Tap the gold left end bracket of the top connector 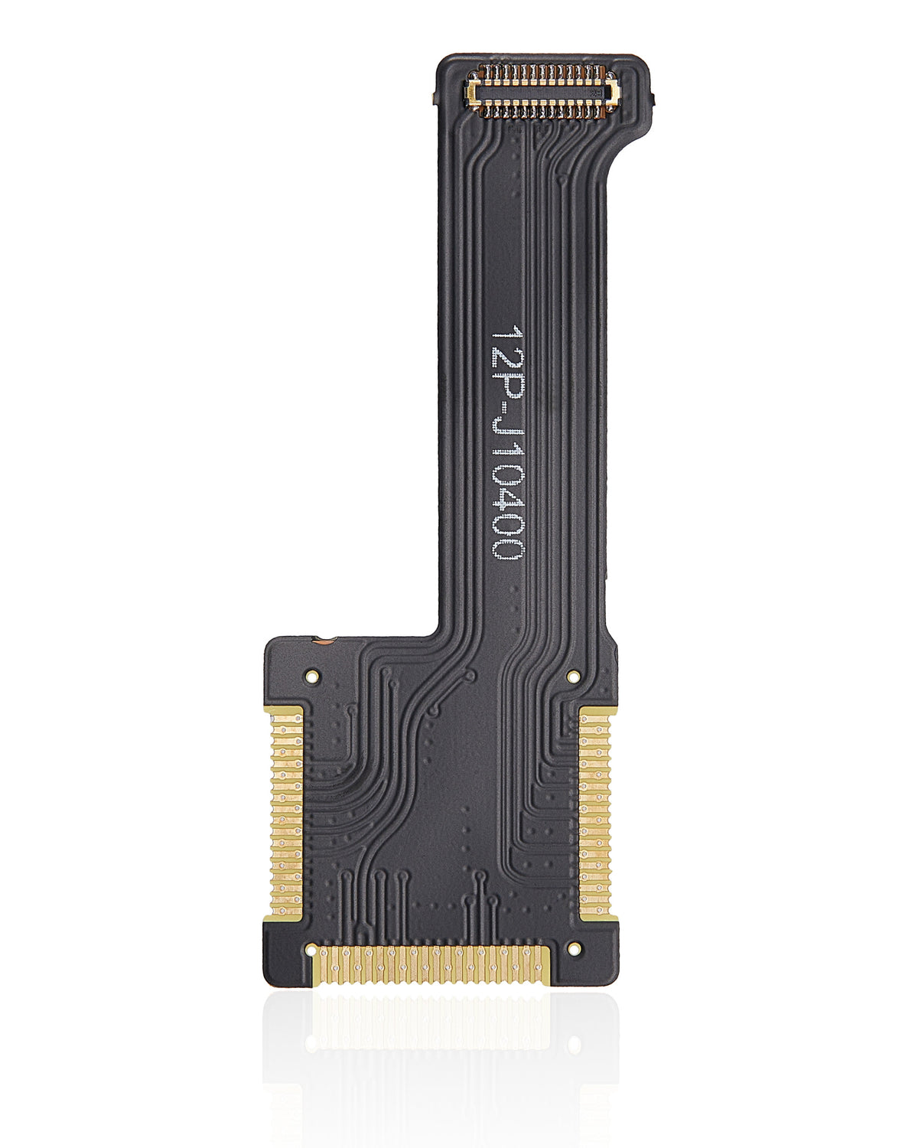click(474, 93)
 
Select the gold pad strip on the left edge click(287, 811)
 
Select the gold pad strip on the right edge click(594, 811)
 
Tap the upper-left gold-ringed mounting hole click(311, 677)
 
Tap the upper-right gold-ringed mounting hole click(573, 677)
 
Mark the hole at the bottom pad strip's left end click(311, 951)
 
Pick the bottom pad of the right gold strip click(594, 911)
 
